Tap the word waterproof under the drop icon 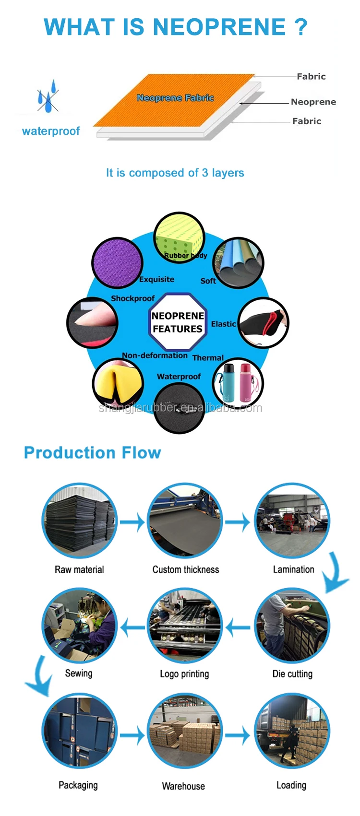[51, 131]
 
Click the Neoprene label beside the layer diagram [313, 102]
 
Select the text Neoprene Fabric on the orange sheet [175, 98]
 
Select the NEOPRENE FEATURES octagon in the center [178, 322]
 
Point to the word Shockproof [132, 298]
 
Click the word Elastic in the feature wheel [223, 324]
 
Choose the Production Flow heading [93, 452]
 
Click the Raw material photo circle [80, 520]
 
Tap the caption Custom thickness [186, 569]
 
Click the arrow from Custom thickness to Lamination [237, 522]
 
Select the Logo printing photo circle [185, 626]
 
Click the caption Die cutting [292, 674]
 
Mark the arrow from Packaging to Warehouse [132, 735]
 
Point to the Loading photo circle [292, 732]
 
